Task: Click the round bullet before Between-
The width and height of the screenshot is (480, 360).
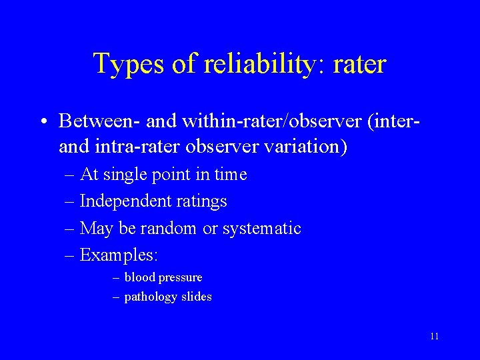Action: (x=43, y=122)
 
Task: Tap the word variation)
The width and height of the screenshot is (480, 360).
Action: (x=310, y=146)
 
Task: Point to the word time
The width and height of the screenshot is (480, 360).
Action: (x=232, y=175)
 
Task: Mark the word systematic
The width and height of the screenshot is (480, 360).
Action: (x=261, y=229)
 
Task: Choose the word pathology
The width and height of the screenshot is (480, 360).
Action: (x=151, y=297)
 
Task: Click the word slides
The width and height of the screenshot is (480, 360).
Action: (x=197, y=297)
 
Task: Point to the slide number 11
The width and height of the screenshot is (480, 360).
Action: (x=434, y=336)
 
